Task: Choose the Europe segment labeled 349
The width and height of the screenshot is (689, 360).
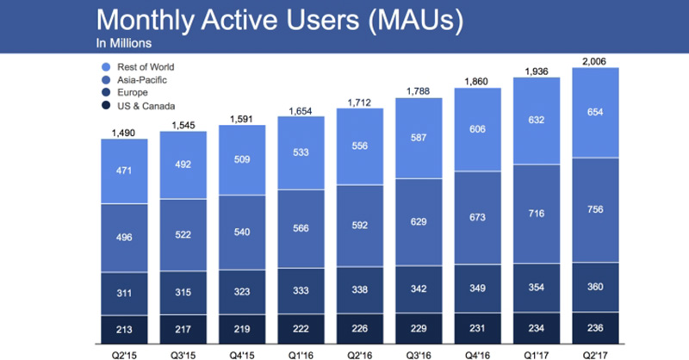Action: (x=479, y=289)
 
